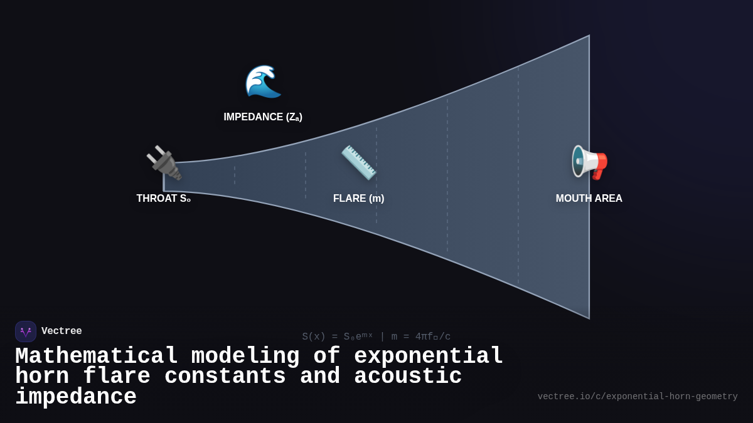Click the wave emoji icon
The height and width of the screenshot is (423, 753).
coord(263,81)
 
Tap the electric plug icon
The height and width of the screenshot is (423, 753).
coord(164,163)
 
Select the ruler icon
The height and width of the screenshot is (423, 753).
coord(358,162)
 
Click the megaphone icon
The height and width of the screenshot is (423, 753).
coord(589,162)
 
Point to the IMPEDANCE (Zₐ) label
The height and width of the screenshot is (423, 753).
coord(263,117)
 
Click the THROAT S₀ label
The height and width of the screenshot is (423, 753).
coord(164,199)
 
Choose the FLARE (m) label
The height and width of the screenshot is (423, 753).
coord(358,199)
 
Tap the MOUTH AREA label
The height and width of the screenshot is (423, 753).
coord(589,199)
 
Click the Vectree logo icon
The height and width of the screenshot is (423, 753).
coord(26,332)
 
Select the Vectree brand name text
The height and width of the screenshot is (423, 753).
coord(61,332)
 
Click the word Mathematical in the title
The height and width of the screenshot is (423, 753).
coord(97,357)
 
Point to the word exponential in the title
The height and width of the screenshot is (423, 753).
coord(429,357)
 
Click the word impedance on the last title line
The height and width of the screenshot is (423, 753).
coord(76,397)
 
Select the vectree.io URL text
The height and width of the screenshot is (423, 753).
coord(638,397)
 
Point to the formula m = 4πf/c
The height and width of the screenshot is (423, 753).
coord(421,337)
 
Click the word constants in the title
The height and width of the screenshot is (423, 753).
coord(225,377)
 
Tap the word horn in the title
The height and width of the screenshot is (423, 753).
coord(42,377)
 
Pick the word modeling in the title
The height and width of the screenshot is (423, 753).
coord(245,357)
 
